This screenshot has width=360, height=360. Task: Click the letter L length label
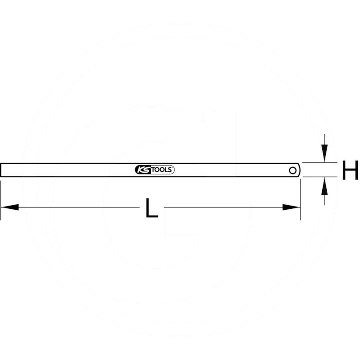(152, 208)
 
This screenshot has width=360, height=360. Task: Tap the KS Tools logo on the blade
(154, 170)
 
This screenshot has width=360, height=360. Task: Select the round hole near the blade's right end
(292, 170)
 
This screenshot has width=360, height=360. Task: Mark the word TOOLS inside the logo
(161, 170)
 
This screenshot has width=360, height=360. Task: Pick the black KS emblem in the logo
(141, 170)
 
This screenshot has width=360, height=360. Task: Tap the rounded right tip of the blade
(299, 170)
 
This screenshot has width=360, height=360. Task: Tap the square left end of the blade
(2, 170)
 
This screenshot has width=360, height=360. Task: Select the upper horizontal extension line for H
(319, 162)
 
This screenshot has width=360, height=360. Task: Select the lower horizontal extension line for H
(319, 177)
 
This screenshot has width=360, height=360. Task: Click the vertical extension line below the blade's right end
(300, 198)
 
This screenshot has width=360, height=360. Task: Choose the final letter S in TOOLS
(171, 170)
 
